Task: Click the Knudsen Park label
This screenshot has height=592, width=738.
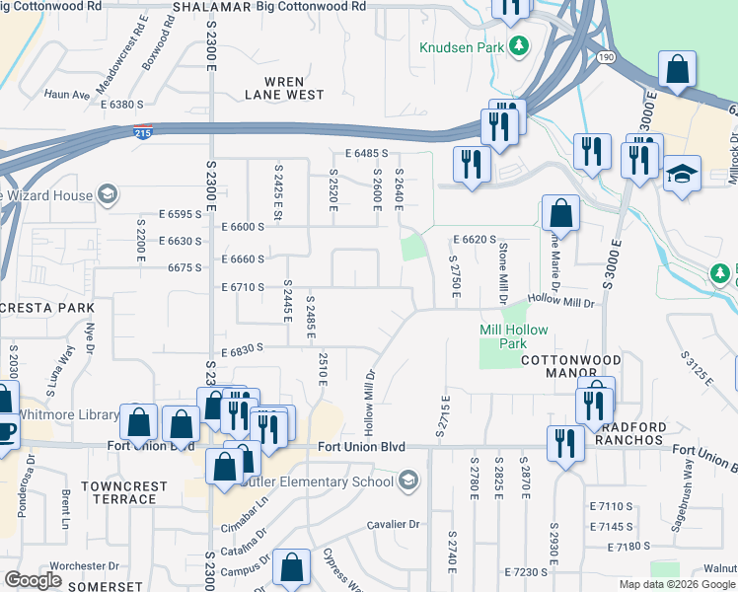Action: pos(462,46)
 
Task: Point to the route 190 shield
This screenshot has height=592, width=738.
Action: pos(605,59)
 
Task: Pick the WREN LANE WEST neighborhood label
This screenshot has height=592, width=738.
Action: pos(284,88)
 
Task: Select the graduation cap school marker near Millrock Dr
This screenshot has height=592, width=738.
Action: pos(682,175)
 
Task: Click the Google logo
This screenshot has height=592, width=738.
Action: pos(33,580)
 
